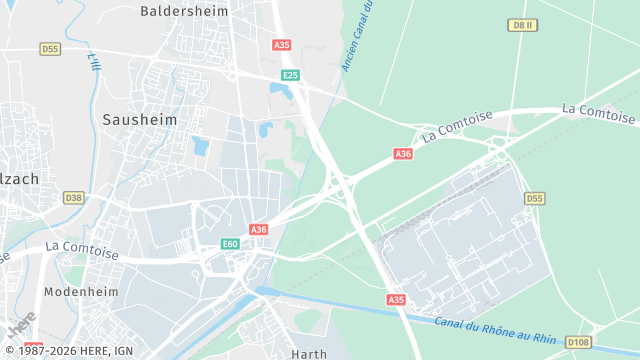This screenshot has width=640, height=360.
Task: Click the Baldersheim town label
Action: pyautogui.click(x=184, y=11)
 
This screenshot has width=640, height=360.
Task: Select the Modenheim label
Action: pyautogui.click(x=83, y=292)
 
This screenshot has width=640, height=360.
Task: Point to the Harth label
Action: pyautogui.click(x=309, y=354)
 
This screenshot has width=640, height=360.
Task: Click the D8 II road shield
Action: pyautogui.click(x=519, y=24)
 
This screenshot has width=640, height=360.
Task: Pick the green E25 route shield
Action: pyautogui.click(x=290, y=75)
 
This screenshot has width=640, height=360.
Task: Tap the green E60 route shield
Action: pyautogui.click(x=230, y=244)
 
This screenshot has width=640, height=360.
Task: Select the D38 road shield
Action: pyautogui.click(x=73, y=198)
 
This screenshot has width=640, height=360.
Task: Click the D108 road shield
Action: pyautogui.click(x=578, y=342)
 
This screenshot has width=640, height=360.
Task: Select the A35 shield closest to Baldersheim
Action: pyautogui.click(x=281, y=45)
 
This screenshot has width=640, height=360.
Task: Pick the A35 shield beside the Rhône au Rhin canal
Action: pyautogui.click(x=396, y=299)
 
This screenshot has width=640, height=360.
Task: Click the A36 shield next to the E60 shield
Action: pyautogui.click(x=259, y=229)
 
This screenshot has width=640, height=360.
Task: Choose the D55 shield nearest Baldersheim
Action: pyautogui.click(x=50, y=48)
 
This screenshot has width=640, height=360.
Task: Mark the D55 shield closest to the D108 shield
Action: pyautogui.click(x=534, y=199)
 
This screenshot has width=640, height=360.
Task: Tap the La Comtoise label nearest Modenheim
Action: pyautogui.click(x=82, y=250)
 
